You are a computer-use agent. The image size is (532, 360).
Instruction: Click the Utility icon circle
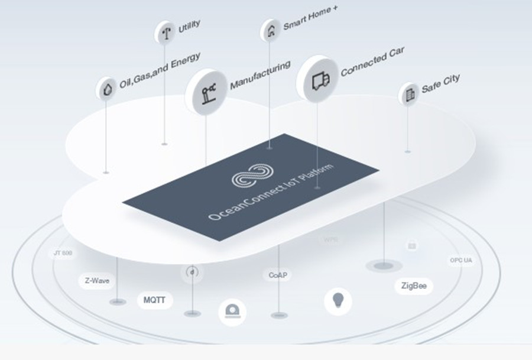tap(166, 33)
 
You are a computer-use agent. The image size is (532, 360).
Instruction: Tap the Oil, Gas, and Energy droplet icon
tap(106, 89)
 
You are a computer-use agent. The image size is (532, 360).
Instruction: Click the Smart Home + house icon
tap(271, 30)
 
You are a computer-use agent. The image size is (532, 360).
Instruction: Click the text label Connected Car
tap(372, 62)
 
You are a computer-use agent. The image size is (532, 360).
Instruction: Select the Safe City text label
tap(440, 84)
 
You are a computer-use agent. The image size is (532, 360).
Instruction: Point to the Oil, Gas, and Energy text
tap(160, 70)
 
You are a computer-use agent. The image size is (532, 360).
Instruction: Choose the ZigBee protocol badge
tap(414, 287)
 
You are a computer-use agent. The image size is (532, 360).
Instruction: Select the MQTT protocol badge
tap(155, 300)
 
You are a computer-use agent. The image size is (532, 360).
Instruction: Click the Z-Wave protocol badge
tap(97, 281)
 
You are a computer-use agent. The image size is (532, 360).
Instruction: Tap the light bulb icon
tap(338, 301)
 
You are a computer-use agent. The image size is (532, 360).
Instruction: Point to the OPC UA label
tap(461, 260)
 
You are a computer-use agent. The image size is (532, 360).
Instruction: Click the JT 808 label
tap(63, 254)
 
